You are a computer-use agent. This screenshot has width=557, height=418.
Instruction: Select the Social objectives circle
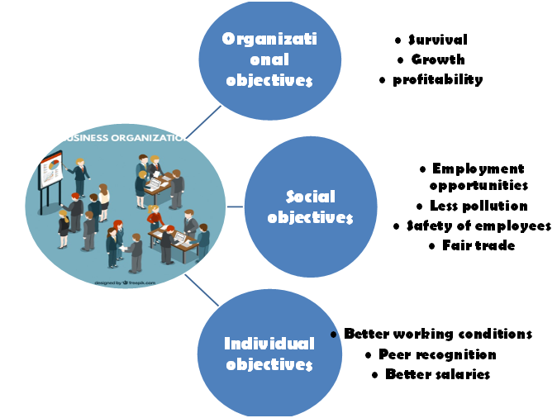click(x=311, y=207)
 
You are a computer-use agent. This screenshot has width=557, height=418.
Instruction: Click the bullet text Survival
click(x=437, y=40)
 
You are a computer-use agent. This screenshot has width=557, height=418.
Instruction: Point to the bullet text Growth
click(x=437, y=59)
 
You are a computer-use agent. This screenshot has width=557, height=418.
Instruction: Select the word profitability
click(x=437, y=79)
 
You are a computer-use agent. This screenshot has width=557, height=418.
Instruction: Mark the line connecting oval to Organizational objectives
click(x=202, y=122)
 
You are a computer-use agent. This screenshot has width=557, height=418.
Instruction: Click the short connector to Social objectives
click(x=235, y=207)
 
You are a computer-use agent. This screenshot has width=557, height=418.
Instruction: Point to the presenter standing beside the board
click(x=80, y=178)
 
